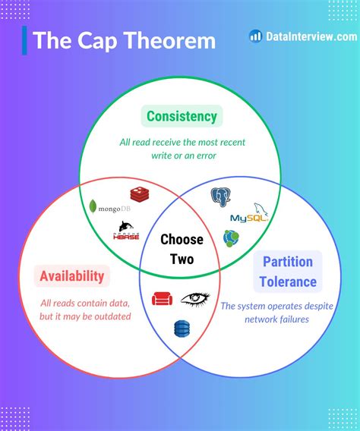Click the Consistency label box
(x=182, y=117)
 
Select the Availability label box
(x=73, y=276)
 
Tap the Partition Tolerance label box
(x=289, y=272)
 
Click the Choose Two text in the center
(x=182, y=249)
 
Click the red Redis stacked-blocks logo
(x=141, y=195)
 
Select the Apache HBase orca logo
(x=126, y=231)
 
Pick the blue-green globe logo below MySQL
(x=232, y=238)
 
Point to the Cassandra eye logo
(x=195, y=298)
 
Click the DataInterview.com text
(x=311, y=36)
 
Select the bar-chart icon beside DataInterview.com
(x=256, y=36)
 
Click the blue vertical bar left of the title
(x=25, y=40)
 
